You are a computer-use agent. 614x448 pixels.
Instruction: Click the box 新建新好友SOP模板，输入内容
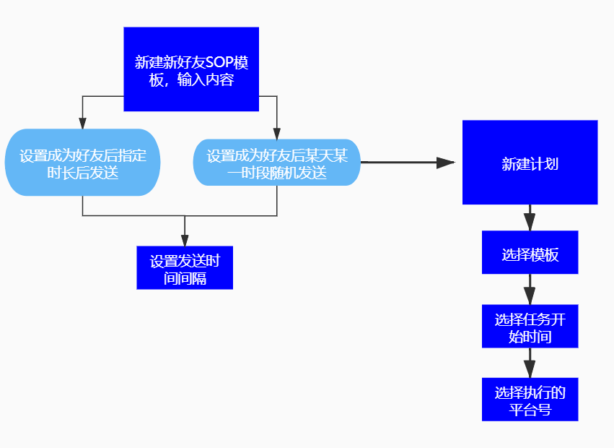pyautogui.click(x=191, y=69)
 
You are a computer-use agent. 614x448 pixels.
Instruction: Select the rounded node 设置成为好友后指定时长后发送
pyautogui.click(x=82, y=162)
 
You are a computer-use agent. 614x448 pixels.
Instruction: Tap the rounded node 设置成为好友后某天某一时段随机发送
pyautogui.click(x=276, y=162)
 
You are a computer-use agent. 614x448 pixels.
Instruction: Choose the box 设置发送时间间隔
pyautogui.click(x=185, y=267)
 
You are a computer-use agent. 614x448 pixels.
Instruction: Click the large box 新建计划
pyautogui.click(x=530, y=163)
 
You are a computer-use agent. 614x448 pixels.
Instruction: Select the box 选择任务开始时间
pyautogui.click(x=530, y=326)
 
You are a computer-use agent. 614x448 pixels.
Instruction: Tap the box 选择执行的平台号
pyautogui.click(x=530, y=399)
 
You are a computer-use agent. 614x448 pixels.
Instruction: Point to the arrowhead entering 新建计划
pyautogui.click(x=447, y=163)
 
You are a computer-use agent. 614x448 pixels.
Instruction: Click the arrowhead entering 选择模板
pyautogui.click(x=530, y=224)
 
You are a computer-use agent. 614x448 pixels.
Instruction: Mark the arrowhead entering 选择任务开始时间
pyautogui.click(x=530, y=297)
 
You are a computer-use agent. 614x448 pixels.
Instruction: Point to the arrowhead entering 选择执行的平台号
pyautogui.click(x=530, y=370)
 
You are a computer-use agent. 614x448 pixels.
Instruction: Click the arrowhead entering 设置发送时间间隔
pyautogui.click(x=185, y=241)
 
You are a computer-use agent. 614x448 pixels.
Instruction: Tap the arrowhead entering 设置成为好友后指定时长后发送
pyautogui.click(x=83, y=124)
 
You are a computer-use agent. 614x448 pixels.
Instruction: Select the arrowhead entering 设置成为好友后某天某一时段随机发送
pyautogui.click(x=277, y=133)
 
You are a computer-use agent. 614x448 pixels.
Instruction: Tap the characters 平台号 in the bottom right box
pyautogui.click(x=530, y=410)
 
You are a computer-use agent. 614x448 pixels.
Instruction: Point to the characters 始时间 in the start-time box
pyautogui.click(x=530, y=337)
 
